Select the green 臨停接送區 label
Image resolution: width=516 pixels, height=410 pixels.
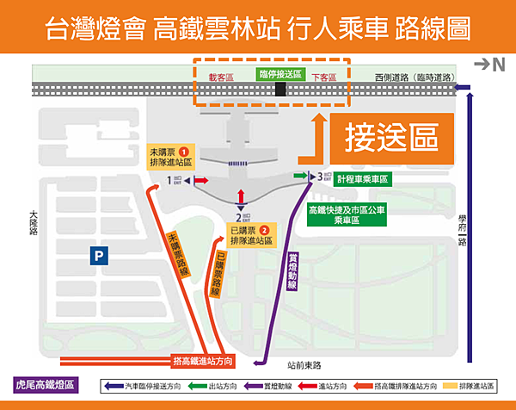pyautogui.click(x=280, y=75)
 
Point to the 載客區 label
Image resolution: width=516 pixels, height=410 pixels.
pyautogui.click(x=221, y=77)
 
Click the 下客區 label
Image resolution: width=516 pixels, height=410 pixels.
pyautogui.click(x=323, y=77)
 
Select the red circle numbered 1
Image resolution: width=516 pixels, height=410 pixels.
pyautogui.click(x=182, y=152)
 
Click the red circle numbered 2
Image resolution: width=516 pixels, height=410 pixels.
pyautogui.click(x=264, y=230)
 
